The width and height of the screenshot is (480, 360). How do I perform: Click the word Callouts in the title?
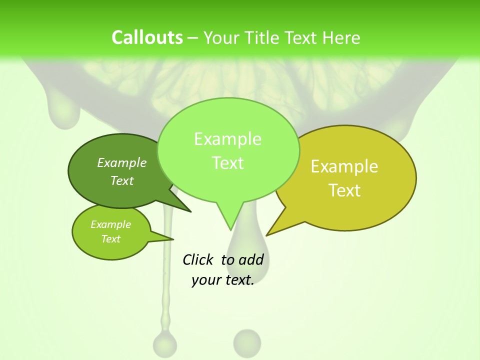[147, 37]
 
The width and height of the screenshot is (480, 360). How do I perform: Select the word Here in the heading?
[341, 37]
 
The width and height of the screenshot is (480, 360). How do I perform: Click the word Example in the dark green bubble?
[122, 162]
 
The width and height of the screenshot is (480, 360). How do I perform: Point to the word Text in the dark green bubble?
[122, 180]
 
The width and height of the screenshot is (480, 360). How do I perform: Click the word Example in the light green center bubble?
[227, 139]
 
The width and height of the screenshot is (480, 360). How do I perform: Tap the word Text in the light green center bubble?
[227, 163]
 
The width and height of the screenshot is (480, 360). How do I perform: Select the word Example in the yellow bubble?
[344, 166]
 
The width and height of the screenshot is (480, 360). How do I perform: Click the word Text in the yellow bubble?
[344, 190]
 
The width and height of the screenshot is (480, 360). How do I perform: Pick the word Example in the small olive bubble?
[110, 224]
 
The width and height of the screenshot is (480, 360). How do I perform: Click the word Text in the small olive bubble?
[110, 239]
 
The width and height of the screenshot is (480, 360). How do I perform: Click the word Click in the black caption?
[197, 259]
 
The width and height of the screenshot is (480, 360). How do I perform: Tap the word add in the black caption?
[250, 259]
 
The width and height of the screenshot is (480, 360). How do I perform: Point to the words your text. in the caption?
[223, 279]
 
